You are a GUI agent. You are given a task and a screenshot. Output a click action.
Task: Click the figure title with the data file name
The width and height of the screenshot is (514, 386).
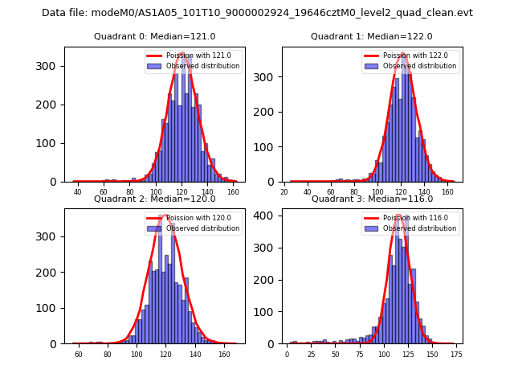[x=257, y=13]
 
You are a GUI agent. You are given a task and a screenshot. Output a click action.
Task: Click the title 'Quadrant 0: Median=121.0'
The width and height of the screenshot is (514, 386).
[x=154, y=36]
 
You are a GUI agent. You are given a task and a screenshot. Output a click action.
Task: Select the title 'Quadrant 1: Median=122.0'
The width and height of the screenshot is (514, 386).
[x=372, y=36]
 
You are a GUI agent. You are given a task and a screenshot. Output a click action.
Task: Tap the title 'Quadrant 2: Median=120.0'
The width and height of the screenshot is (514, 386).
[x=154, y=199]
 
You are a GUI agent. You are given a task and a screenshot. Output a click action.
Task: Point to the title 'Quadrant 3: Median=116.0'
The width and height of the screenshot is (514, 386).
[x=372, y=199]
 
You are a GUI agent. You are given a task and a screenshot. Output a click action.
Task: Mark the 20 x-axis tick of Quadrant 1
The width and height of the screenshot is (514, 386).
[x=284, y=193]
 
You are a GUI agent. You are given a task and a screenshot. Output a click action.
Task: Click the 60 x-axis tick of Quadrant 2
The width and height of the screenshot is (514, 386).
[x=79, y=355]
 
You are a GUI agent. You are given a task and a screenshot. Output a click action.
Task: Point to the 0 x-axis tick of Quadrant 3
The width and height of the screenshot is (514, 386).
[x=288, y=355]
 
